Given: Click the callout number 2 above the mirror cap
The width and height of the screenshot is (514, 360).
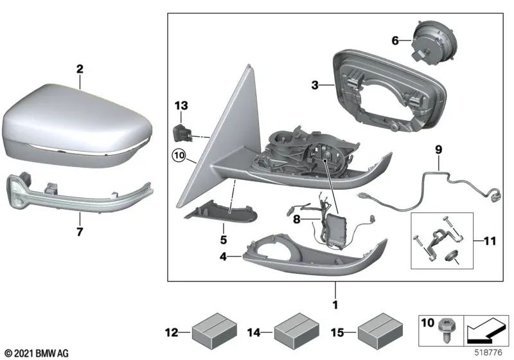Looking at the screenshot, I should click(x=79, y=67).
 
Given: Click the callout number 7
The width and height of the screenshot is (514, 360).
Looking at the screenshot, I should click(x=79, y=232).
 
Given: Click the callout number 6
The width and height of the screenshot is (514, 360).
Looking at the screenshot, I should click(x=395, y=40).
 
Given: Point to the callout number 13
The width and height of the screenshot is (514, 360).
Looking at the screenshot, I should click(x=181, y=105).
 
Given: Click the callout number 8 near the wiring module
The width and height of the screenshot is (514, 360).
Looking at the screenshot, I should click(x=297, y=219).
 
